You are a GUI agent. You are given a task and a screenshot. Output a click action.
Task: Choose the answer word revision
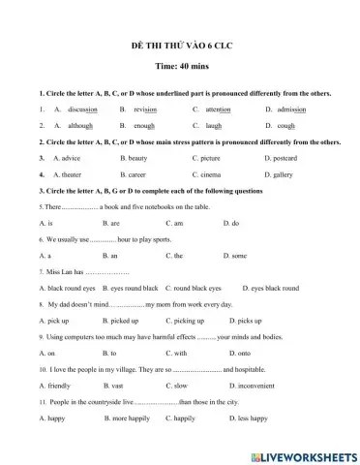(145, 109)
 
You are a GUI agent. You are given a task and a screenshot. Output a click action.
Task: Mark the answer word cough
(285, 125)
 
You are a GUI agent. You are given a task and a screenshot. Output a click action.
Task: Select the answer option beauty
(136, 157)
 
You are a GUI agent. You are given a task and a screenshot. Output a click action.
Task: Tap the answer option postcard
(285, 157)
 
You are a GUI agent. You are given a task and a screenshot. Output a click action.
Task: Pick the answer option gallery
(282, 174)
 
